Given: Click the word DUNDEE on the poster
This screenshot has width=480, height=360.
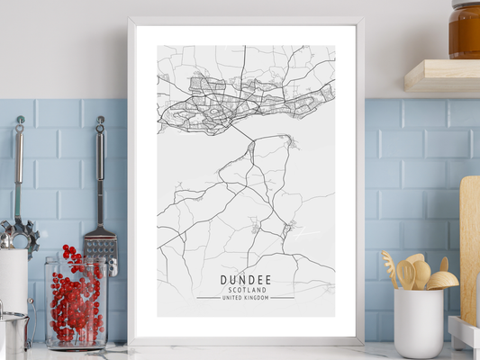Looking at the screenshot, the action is click(245, 280).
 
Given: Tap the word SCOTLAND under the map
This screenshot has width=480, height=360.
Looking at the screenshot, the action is click(245, 291).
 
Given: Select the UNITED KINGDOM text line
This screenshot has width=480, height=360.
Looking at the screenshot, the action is click(245, 299).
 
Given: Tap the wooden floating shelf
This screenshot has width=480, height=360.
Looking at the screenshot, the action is click(442, 76).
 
